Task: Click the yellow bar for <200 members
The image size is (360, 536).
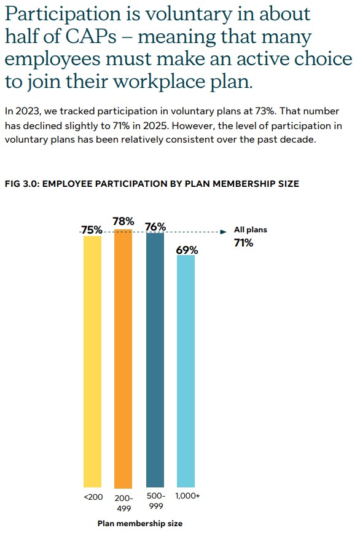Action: [93, 361]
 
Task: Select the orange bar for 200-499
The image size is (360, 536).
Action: [123, 358]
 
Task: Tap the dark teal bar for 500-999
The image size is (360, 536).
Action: [155, 360]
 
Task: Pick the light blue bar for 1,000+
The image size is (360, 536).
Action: [186, 371]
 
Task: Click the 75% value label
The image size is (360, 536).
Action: [92, 230]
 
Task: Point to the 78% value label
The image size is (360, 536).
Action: [123, 221]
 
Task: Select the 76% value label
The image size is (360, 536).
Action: [155, 227]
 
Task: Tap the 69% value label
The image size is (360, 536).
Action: [187, 250]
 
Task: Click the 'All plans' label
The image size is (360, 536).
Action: [251, 230]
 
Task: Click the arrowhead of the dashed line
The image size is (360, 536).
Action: [224, 232]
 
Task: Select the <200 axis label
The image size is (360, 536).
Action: [93, 497]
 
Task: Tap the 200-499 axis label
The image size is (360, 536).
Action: [123, 503]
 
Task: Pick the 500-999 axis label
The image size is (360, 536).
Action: [156, 501]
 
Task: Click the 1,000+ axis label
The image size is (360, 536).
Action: [187, 495]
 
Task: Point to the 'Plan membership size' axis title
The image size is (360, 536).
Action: [140, 523]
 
